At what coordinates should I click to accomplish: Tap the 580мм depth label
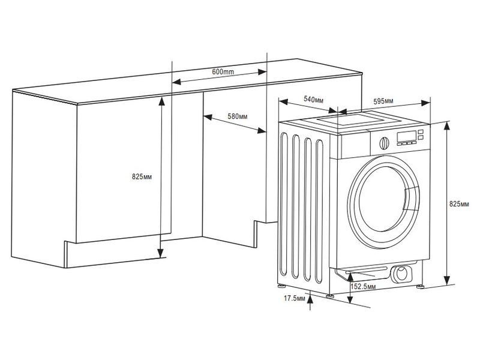pyautogui.click(x=238, y=115)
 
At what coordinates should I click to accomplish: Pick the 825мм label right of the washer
pyautogui.click(x=460, y=204)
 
